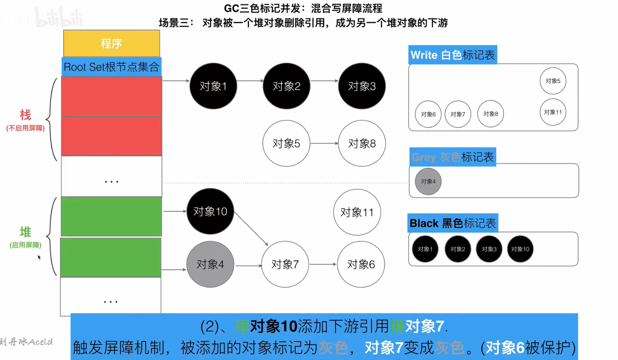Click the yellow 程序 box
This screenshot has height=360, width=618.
pos(111,43)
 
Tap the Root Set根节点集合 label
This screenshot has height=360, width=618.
pos(111,67)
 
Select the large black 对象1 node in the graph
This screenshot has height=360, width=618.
pos(213,86)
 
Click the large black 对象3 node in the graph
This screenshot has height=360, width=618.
pos(362,86)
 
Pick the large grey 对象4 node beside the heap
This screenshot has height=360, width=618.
pos(210,264)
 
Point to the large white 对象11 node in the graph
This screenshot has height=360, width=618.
pos(357,212)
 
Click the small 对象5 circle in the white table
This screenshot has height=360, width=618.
pos(553,81)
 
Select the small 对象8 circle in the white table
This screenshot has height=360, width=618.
pos(490,114)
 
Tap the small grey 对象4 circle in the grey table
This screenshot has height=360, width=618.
pos(428,181)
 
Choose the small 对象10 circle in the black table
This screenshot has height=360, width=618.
pos(520,249)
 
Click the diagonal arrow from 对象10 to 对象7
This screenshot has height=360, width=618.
pos(251,229)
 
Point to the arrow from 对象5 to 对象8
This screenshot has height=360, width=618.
pos(324,143)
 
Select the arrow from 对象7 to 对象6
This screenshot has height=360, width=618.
pos(323,264)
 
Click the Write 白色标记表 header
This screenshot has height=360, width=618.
pos(452,55)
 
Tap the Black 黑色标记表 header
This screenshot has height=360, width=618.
pos(452,223)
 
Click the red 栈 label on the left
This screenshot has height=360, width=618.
pos(26,115)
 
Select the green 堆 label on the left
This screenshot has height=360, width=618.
pos(26,232)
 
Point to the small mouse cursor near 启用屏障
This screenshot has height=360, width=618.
pos(39,257)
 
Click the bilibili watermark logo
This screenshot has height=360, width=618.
pos(59,17)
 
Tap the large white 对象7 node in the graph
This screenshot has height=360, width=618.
pos(285,264)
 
